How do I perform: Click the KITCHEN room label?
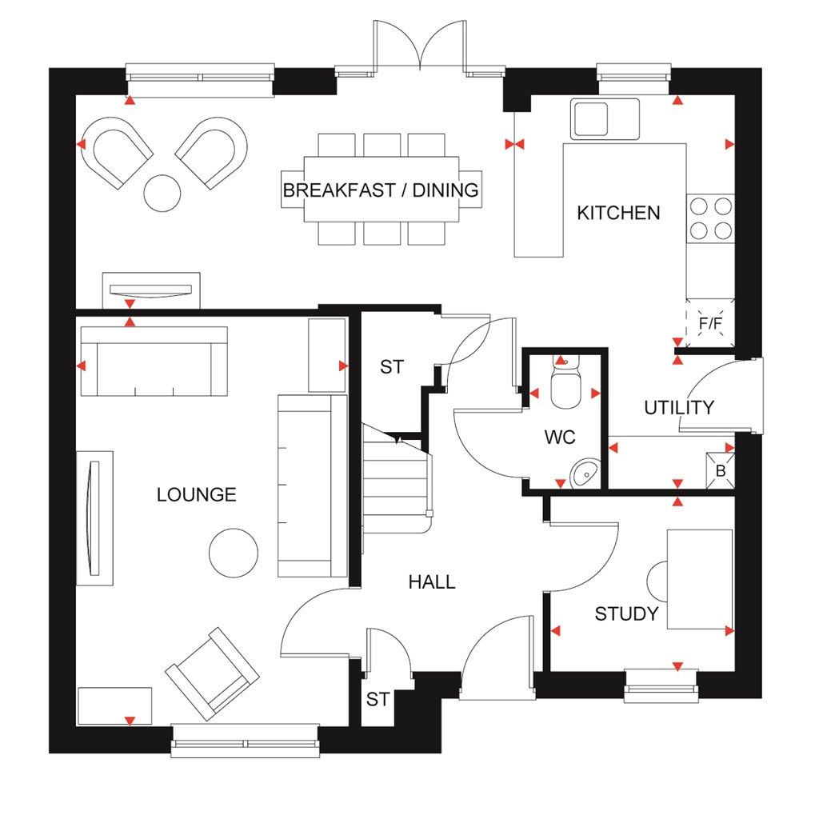click(618, 213)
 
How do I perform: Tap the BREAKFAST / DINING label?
click(381, 190)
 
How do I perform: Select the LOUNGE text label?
click(197, 494)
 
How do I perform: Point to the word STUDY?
click(626, 614)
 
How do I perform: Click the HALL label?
click(432, 582)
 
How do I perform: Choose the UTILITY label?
click(679, 408)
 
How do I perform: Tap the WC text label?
click(560, 437)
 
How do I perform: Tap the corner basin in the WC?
click(587, 473)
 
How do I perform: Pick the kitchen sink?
click(605, 118)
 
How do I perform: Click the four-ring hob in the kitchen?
click(710, 218)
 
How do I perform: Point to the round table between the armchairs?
click(163, 193)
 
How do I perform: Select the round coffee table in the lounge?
click(234, 550)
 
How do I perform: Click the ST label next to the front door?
click(378, 700)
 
